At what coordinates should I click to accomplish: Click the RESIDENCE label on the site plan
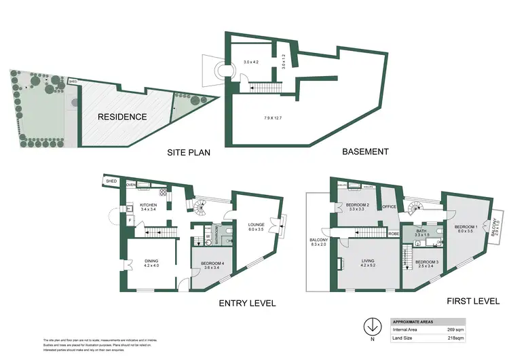tap(122, 117)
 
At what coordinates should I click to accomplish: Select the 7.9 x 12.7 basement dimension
tap(273, 118)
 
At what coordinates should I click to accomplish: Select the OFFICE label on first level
tap(389, 206)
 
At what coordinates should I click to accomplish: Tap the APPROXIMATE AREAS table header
tap(415, 321)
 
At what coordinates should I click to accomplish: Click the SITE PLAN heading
tap(189, 153)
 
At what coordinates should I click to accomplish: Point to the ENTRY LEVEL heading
tap(249, 303)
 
